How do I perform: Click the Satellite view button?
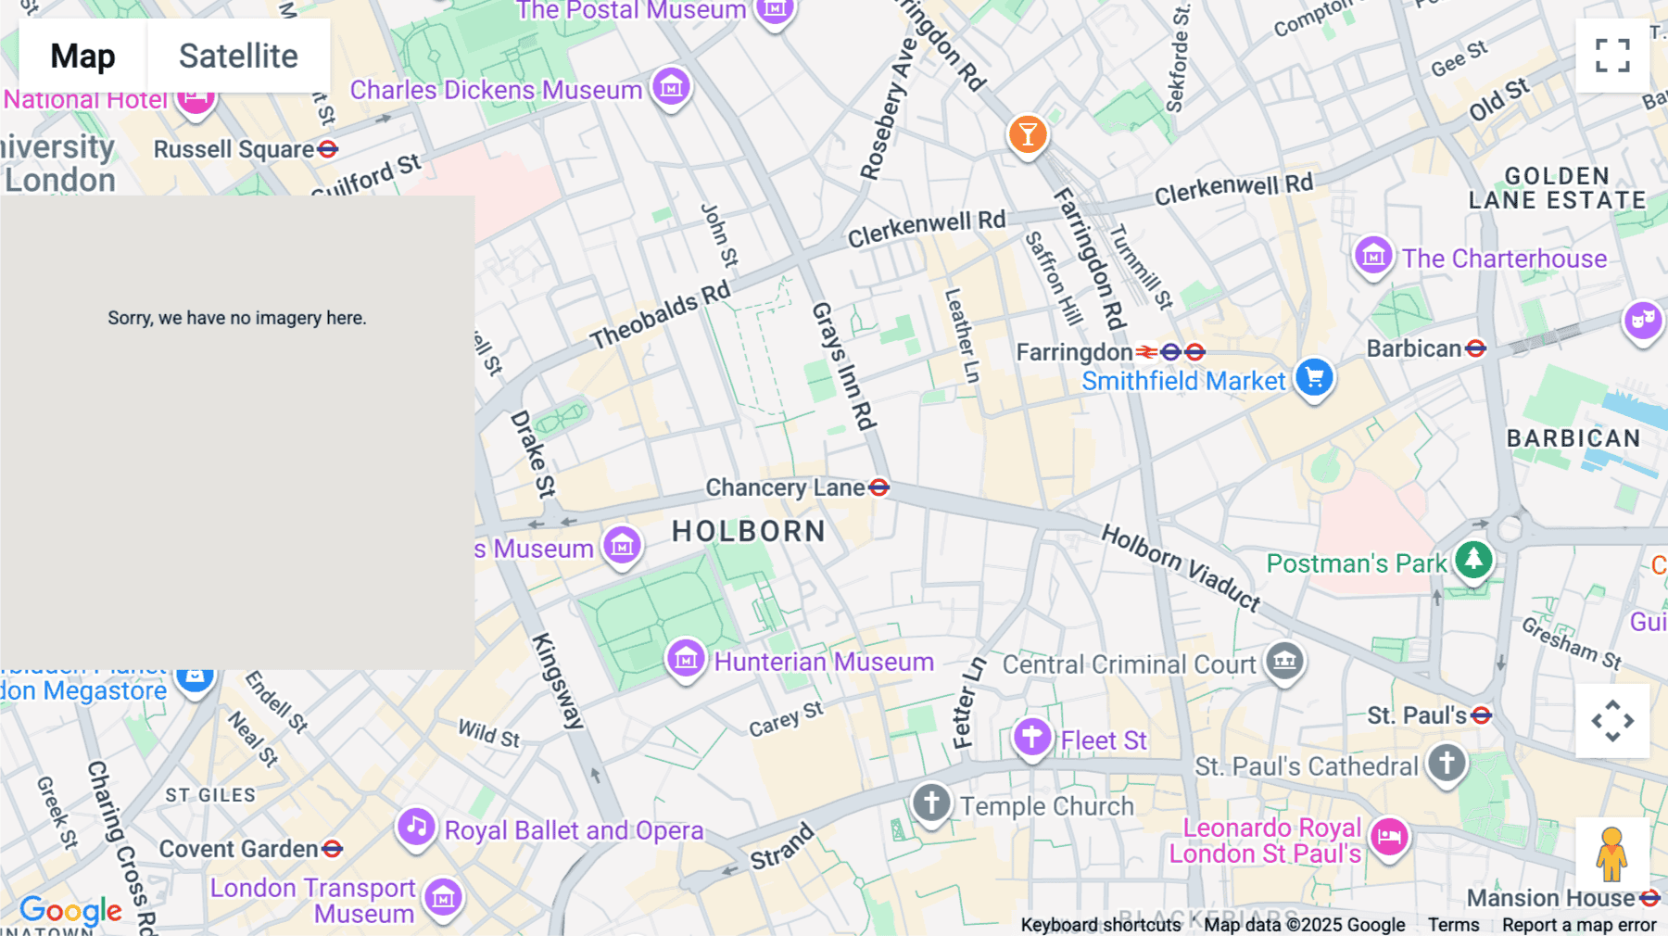click(x=238, y=56)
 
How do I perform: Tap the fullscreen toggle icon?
click(x=1612, y=56)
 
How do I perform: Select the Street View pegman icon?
click(x=1611, y=854)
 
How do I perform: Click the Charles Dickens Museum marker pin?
click(x=671, y=87)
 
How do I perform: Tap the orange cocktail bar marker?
click(x=1027, y=135)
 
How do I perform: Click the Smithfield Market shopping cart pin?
click(x=1314, y=377)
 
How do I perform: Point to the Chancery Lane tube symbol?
click(x=879, y=487)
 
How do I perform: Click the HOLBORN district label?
click(x=749, y=531)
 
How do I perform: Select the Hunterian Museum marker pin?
click(x=686, y=659)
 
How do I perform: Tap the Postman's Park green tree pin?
click(x=1473, y=560)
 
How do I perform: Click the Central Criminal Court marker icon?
click(x=1284, y=662)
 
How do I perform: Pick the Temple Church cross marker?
click(x=931, y=803)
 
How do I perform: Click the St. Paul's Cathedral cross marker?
click(x=1447, y=764)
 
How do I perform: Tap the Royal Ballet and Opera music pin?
click(x=416, y=827)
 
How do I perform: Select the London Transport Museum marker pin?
click(x=443, y=897)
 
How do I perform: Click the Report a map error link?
click(x=1579, y=925)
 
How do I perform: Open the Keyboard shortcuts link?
click(x=1101, y=925)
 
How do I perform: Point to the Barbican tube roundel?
click(x=1476, y=348)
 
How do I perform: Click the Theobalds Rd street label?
click(x=660, y=316)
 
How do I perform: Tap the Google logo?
click(x=70, y=910)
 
